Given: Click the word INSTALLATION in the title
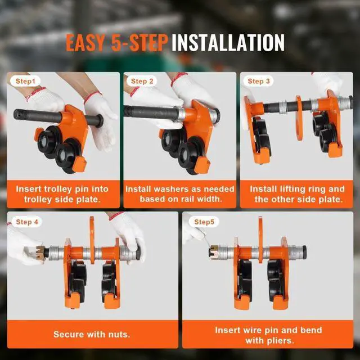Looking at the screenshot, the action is [x=228, y=43].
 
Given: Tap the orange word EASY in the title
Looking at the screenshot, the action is [x=85, y=43].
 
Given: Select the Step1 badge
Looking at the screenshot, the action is [x=25, y=81].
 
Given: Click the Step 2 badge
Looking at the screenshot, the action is [x=142, y=81].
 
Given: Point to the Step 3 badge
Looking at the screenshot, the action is [x=259, y=81].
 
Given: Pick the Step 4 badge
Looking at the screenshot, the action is [x=27, y=222].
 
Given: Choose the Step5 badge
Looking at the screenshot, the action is [x=204, y=222].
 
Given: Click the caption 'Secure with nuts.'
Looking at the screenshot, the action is [x=92, y=334].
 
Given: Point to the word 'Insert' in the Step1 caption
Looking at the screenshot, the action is [x=29, y=189].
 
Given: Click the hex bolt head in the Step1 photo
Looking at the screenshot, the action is [x=100, y=121].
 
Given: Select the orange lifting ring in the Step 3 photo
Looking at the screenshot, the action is [x=299, y=118].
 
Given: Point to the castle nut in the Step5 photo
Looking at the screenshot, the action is [x=214, y=251].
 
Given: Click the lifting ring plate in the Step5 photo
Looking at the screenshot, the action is [x=260, y=239].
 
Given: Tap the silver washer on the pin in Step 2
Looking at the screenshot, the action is [x=181, y=114].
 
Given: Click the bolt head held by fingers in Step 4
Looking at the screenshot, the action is [x=138, y=253].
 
